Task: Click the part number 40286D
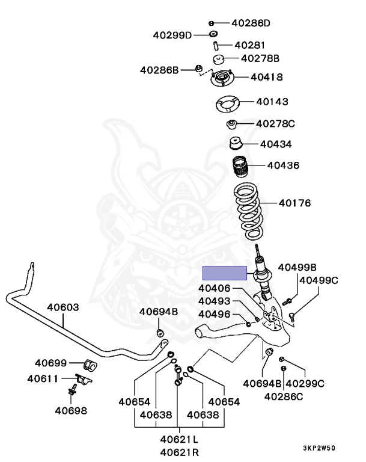[251, 23]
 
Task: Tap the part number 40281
[249, 45]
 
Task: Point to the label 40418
[266, 77]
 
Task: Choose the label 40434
[276, 144]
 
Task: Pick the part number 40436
[283, 165]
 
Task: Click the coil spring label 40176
[294, 203]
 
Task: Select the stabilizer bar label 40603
[63, 307]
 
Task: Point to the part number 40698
[70, 411]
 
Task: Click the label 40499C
[319, 280]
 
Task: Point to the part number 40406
[214, 289]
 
